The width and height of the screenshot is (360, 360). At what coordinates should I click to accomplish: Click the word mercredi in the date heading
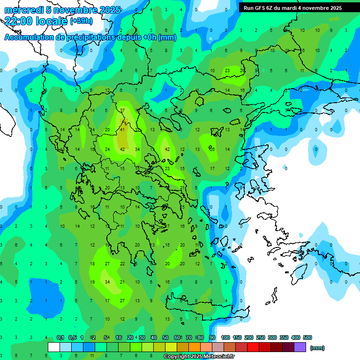tap(22, 10)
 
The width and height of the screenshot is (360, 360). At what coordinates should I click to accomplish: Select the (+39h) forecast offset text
tap(81, 21)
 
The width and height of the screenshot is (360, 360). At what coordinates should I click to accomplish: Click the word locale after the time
tap(52, 21)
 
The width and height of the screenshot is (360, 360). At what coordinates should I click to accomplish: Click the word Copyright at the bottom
tap(177, 357)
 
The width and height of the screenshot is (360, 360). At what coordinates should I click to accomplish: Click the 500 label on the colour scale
tap(307, 337)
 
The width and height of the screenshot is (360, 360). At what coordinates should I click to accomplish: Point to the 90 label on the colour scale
tap(212, 337)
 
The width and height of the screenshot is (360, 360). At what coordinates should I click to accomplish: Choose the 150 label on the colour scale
tap(237, 337)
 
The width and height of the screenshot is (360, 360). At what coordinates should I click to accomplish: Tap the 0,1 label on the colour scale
tap(60, 337)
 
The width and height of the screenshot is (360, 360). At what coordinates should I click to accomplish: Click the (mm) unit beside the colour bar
tap(317, 348)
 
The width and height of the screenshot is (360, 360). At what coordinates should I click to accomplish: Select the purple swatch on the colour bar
tap(300, 347)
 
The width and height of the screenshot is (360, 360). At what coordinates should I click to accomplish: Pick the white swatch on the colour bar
tap(54, 347)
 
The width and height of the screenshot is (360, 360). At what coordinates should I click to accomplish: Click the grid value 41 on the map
tap(123, 129)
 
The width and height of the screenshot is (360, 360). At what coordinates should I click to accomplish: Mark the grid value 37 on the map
tap(122, 110)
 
